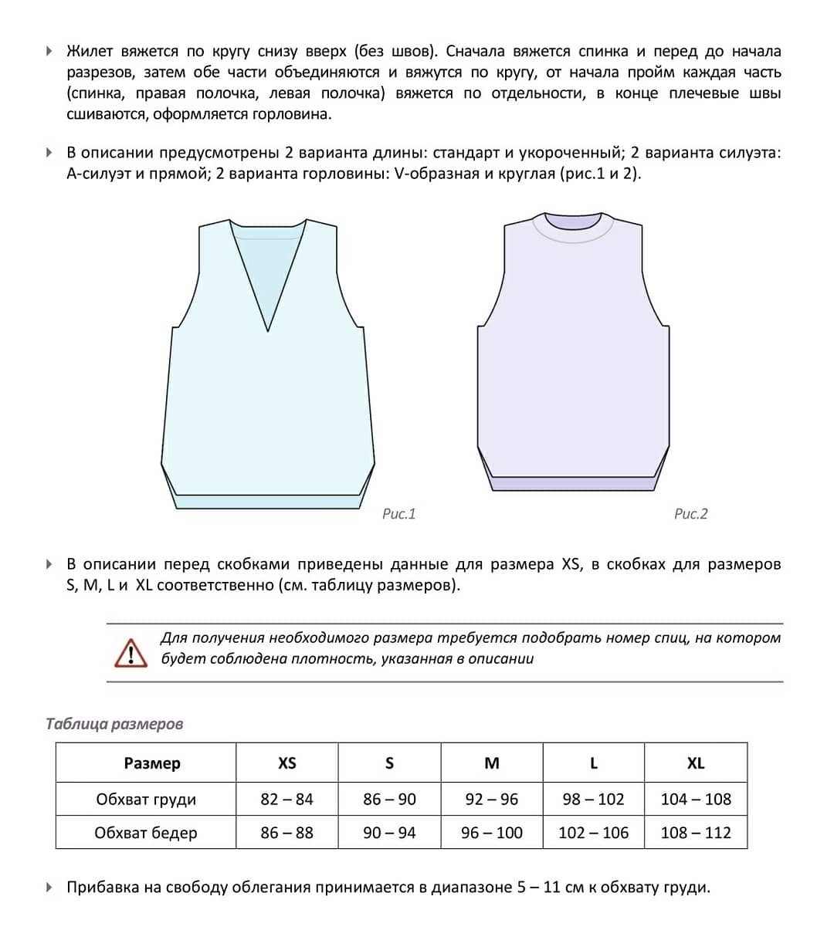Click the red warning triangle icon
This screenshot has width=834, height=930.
[131, 652]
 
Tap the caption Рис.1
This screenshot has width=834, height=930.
[398, 514]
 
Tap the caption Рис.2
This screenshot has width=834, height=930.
[690, 514]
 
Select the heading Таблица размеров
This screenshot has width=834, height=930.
[114, 724]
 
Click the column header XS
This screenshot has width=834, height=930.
[286, 763]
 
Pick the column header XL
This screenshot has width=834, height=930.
[695, 763]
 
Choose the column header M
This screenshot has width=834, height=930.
[491, 763]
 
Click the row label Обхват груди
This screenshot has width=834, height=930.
[146, 800]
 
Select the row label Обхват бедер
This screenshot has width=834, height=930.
[146, 833]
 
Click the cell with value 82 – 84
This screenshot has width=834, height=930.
[286, 800]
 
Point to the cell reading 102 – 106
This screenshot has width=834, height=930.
[593, 833]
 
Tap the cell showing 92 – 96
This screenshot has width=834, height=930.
[491, 800]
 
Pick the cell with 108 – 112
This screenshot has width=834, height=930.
[695, 833]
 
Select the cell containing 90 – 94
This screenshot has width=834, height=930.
[389, 833]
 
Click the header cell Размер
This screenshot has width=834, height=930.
[152, 763]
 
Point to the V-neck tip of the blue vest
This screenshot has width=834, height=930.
[268, 330]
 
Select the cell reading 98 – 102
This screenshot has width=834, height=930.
[593, 800]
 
